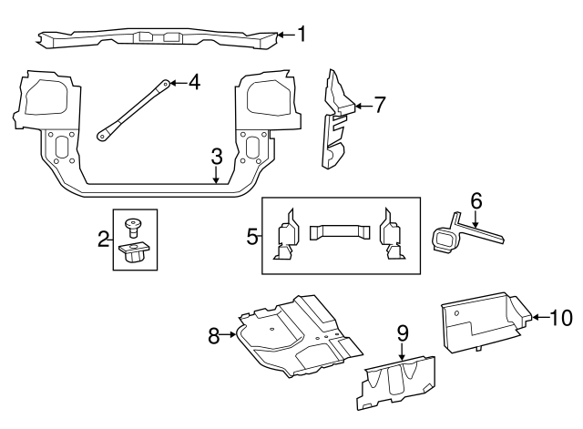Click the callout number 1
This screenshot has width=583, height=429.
tap(302, 34)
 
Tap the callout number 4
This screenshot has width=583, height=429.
tap(194, 82)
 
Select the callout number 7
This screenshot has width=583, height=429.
tap(380, 105)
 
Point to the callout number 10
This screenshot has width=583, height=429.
tap(561, 318)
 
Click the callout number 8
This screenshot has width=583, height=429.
tap(214, 336)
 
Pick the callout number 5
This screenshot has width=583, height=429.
tap(253, 237)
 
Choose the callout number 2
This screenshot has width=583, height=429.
tap(103, 239)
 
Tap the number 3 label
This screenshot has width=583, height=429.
tap(217, 157)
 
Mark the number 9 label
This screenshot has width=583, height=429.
tap(403, 333)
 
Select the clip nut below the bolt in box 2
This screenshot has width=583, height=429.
tap(133, 251)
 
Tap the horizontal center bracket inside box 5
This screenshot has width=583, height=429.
tap(340, 232)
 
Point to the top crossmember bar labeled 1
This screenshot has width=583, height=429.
tap(158, 38)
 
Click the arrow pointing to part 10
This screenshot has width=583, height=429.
tap(540, 317)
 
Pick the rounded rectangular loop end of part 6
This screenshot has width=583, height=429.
tap(445, 240)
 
